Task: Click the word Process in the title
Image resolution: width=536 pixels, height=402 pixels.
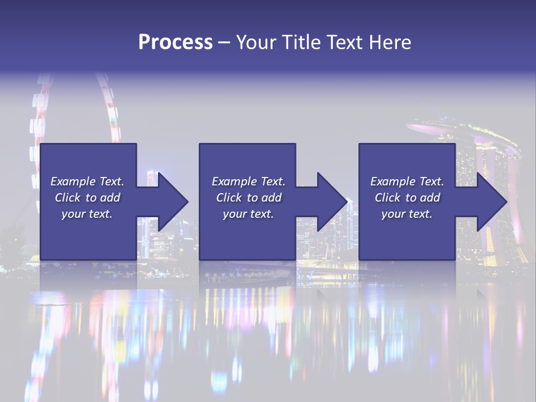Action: pyautogui.click(x=175, y=42)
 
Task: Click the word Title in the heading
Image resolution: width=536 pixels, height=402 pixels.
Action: pyautogui.click(x=300, y=42)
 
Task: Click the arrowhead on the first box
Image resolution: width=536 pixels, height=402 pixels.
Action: pyautogui.click(x=167, y=202)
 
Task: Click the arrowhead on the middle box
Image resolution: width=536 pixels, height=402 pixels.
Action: pyautogui.click(x=327, y=202)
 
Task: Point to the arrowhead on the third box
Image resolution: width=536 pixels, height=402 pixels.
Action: pyautogui.click(x=486, y=202)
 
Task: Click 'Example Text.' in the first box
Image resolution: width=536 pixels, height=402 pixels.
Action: pyautogui.click(x=87, y=181)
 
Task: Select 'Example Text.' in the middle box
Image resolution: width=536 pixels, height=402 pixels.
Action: pyautogui.click(x=248, y=181)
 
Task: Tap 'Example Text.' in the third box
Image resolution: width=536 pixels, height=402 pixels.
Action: pyautogui.click(x=407, y=181)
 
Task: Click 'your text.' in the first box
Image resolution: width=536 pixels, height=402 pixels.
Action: pyautogui.click(x=87, y=214)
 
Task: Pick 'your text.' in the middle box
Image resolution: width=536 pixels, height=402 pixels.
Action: pyautogui.click(x=248, y=214)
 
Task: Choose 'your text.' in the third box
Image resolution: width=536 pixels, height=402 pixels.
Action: pyautogui.click(x=407, y=214)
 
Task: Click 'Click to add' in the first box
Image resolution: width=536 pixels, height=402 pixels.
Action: pyautogui.click(x=87, y=198)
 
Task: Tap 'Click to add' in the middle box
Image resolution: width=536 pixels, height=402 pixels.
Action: pyautogui.click(x=248, y=198)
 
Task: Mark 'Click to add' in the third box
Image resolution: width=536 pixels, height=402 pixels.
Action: pyautogui.click(x=407, y=198)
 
